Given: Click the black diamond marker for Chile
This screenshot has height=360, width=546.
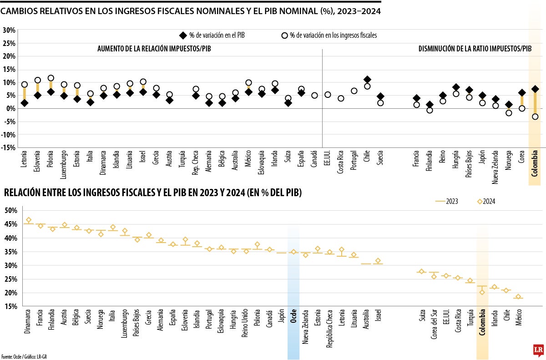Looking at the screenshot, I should coord(367,80).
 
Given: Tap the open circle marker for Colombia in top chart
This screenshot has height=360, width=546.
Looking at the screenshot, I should coord(535,117).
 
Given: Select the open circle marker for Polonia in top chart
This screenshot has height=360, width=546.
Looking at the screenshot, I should coord(51,78).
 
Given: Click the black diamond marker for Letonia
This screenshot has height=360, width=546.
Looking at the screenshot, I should coord(25,103).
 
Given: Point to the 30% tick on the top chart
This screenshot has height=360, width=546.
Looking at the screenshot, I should coord(10,30).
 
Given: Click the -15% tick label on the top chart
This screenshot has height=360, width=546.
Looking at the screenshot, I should coord(9,147).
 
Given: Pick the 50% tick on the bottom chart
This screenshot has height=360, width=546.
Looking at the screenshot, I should coord(11,210).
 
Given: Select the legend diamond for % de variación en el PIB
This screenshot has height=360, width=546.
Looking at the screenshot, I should coord(183,35).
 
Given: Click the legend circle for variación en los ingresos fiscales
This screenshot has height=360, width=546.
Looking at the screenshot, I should coord(284,35).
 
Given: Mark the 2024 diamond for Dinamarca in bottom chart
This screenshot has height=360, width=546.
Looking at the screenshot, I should coord(29,220).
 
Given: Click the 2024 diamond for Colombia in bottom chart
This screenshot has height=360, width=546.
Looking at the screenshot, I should coord(482,292).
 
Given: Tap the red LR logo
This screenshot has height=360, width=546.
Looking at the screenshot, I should coord(539,349).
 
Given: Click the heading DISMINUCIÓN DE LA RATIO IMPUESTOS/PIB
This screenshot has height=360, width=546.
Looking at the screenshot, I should coord(475,49).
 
